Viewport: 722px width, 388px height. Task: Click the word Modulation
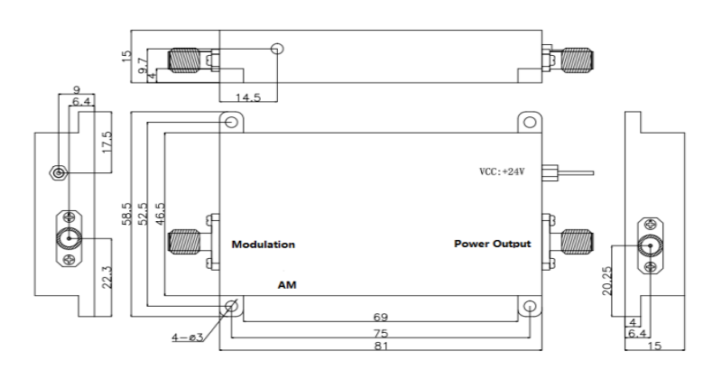tap(264, 245)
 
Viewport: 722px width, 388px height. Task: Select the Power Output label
tap(492, 245)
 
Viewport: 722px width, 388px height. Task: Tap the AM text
tap(287, 283)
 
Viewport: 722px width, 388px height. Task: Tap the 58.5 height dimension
tap(126, 214)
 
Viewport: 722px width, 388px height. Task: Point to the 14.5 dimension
tap(247, 97)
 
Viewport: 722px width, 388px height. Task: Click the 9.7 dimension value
tap(142, 66)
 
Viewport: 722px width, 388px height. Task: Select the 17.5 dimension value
tap(107, 143)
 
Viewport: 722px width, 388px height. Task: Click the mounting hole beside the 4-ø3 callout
tap(231, 307)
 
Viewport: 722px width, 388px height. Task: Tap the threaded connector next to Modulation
tap(185, 242)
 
